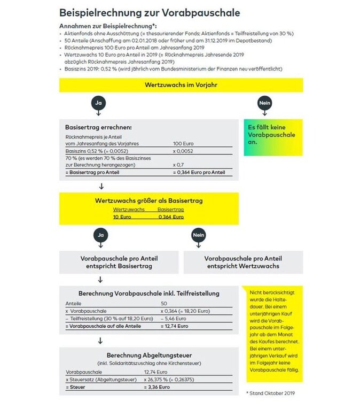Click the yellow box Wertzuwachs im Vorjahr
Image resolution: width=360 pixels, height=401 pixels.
pos(180,85)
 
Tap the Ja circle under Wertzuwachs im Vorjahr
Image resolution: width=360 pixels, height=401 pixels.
pos(98,102)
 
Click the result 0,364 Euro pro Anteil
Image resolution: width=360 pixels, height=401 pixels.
pos(199,172)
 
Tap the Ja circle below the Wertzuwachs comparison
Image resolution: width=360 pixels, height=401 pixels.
pos(98,234)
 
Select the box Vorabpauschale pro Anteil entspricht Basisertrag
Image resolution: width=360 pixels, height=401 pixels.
pos(119,263)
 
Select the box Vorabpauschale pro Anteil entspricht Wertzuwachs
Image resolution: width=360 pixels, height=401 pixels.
pos(243,263)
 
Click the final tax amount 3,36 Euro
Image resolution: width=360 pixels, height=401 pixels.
pos(156,386)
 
